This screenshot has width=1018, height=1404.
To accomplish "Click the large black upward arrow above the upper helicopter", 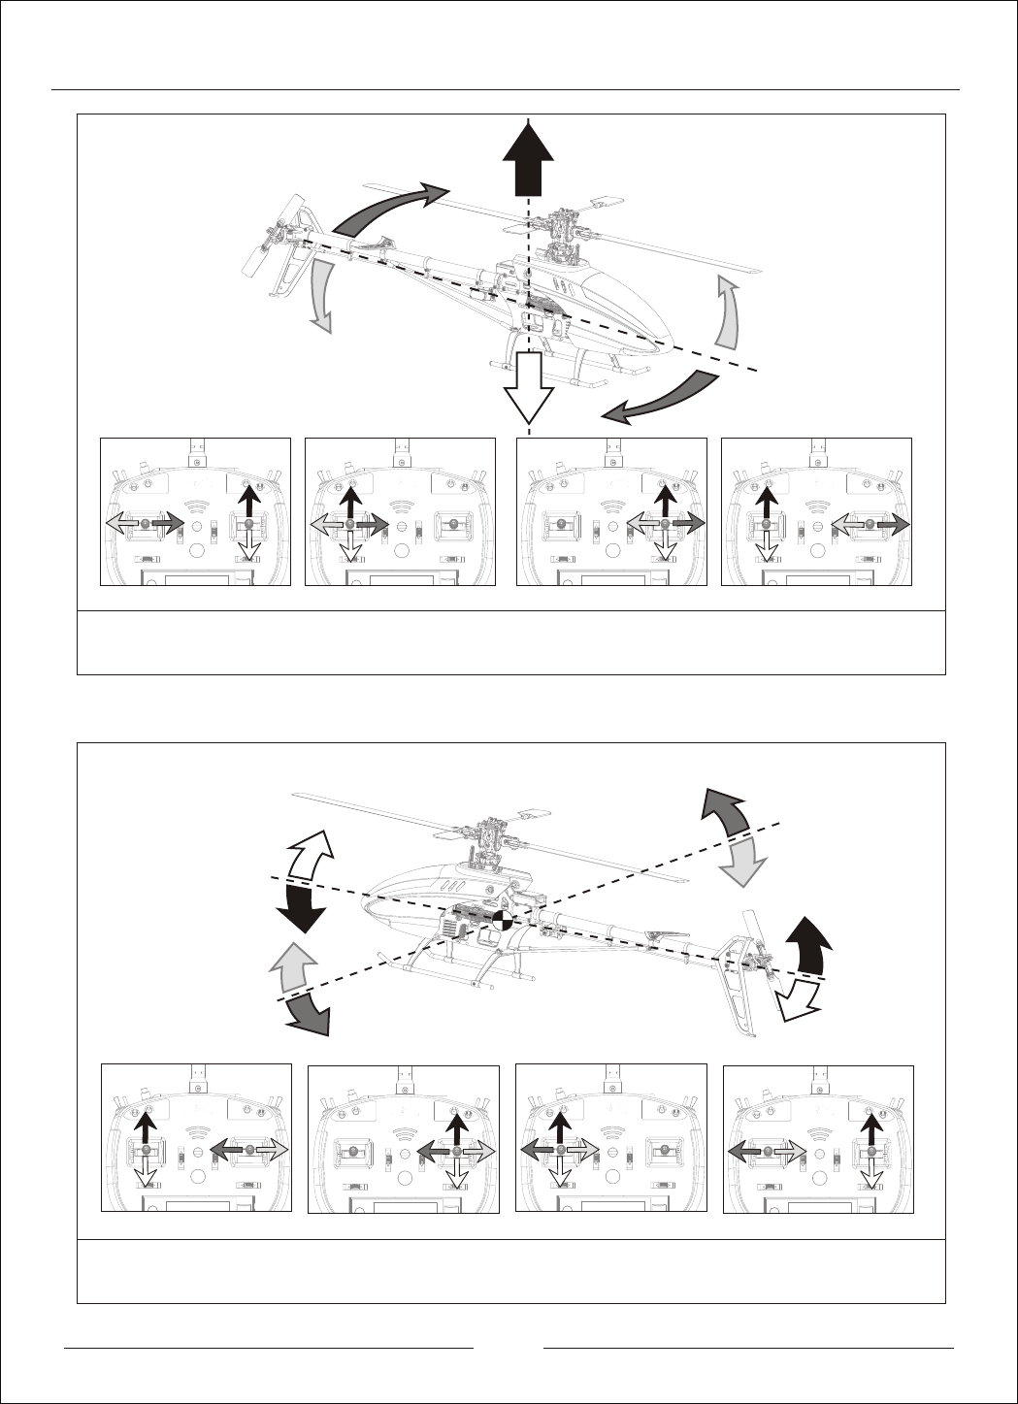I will coord(528,160).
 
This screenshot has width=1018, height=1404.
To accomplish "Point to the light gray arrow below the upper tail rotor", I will coord(320,296).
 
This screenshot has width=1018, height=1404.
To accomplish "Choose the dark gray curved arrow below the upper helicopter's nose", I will coord(660,398).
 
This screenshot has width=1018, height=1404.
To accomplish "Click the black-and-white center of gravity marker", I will coord(501,920).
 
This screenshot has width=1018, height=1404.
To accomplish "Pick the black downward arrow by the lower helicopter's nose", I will coord(303,907).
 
